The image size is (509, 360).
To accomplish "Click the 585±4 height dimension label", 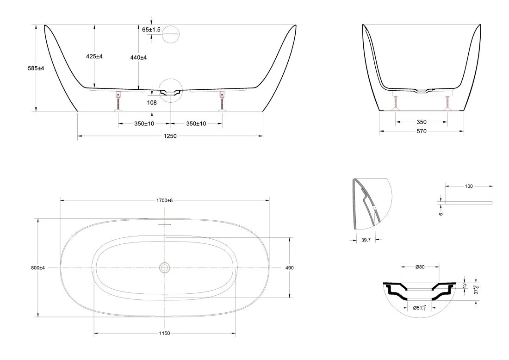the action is (36, 68).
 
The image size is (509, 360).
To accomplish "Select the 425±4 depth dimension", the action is (94, 56).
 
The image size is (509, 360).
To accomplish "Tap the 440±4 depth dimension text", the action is (138, 57).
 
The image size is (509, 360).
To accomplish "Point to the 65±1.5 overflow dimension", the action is (151, 30).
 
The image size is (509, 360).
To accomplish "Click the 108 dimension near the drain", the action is (152, 103).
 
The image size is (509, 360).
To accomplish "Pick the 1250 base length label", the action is (170, 136).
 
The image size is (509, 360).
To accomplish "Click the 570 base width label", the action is (422, 131).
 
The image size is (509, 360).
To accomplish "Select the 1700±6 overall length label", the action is (165, 201).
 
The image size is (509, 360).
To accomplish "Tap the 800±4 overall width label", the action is (38, 268).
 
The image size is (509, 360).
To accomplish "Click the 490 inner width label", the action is (289, 268).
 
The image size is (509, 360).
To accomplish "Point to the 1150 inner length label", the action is (165, 333).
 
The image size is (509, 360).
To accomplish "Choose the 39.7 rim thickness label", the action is (366, 240).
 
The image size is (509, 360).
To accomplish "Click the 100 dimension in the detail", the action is (469, 186).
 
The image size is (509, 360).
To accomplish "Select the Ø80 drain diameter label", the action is (420, 267).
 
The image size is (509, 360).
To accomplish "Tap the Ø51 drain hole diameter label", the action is (419, 308).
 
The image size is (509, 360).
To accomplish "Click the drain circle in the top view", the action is (165, 268).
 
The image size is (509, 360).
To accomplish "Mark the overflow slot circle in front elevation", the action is (170, 33).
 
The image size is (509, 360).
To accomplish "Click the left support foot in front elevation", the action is (118, 102).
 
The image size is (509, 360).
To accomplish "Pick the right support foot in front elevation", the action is (223, 102).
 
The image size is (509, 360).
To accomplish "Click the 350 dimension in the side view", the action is (422, 122).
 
